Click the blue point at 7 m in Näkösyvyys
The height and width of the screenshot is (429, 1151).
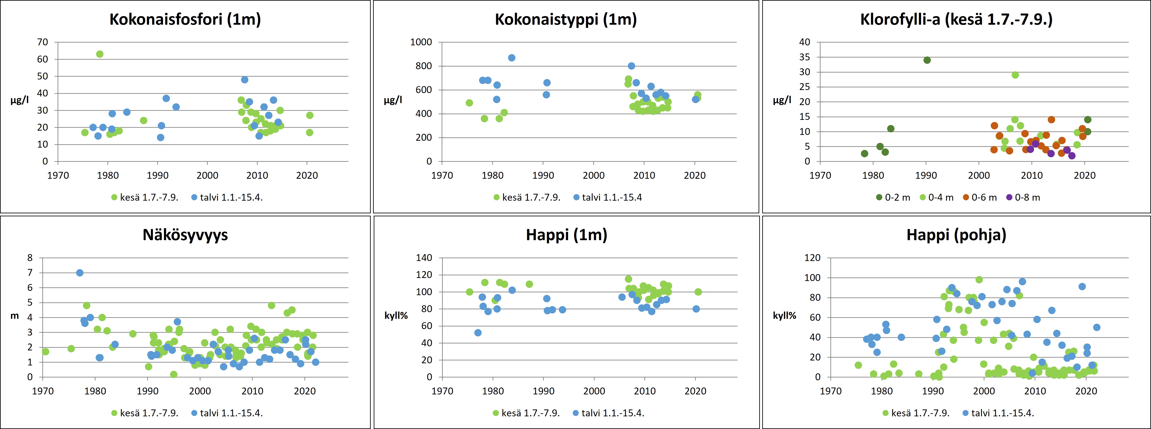(80, 273)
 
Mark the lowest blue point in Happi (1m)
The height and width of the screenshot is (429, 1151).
(478, 333)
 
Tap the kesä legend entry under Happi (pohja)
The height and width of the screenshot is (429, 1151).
(916, 413)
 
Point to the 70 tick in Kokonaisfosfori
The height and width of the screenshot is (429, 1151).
(42, 42)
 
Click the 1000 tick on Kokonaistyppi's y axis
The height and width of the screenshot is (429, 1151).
(421, 42)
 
